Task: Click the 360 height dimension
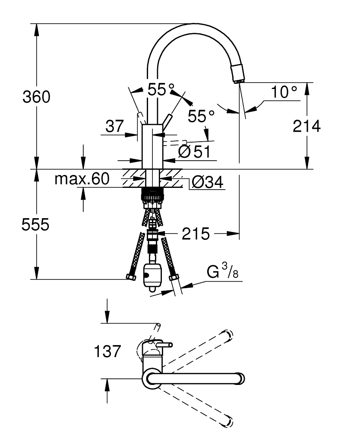[x=36, y=97]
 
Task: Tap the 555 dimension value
[x=35, y=224]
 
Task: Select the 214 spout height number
[x=306, y=126]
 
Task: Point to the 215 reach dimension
[x=196, y=234]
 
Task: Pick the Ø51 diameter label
[x=194, y=152]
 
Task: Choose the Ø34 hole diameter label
[x=207, y=182]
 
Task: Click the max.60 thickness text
[x=82, y=179]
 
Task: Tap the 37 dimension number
[x=115, y=127]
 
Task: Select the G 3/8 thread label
[x=222, y=271]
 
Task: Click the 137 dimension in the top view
[x=107, y=351]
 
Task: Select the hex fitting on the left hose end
[x=131, y=276]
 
